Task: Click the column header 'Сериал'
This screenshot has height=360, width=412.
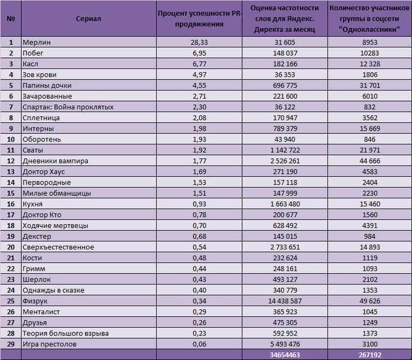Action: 88,19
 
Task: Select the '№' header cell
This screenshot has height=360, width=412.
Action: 11,19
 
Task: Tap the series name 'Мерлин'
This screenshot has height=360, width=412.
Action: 37,43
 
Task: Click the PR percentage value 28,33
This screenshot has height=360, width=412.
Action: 199,43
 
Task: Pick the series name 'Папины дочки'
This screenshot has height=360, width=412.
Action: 47,86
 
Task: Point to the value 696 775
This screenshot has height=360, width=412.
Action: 285,86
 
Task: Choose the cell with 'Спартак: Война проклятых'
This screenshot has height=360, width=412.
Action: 68,107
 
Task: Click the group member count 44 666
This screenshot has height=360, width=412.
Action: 369,161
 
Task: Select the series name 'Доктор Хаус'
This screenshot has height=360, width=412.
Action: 44,172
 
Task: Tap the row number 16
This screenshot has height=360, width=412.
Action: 11,204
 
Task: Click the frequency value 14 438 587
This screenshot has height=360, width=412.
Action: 285,301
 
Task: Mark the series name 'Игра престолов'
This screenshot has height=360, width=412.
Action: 49,344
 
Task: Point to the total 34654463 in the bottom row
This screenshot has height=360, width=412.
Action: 285,355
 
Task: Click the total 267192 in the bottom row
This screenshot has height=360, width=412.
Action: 370,355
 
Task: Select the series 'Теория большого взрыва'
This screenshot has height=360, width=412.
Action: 65,334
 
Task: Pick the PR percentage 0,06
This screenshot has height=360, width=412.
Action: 199,344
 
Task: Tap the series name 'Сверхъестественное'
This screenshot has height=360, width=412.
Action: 58,247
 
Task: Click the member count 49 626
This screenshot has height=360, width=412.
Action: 369,301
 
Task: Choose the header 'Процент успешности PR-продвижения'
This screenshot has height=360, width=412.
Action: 199,19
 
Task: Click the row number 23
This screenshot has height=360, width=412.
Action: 11,279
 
